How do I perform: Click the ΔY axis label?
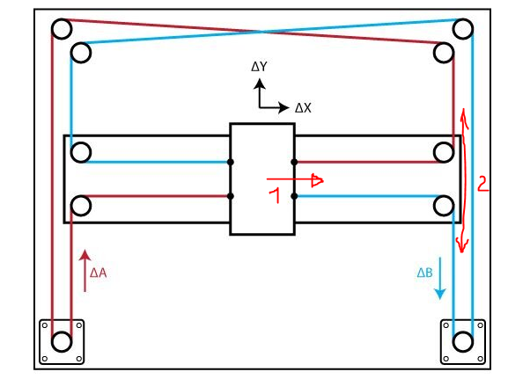tap(259, 67)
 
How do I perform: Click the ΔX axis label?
tap(303, 108)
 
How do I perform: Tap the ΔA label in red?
tap(98, 273)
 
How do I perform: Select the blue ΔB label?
tap(424, 273)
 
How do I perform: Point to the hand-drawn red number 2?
tap(482, 184)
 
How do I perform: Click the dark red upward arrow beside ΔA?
tap(85, 271)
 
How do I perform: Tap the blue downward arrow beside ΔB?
tap(440, 278)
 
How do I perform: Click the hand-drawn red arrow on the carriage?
tap(295, 180)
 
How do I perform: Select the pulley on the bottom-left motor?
tap(62, 341)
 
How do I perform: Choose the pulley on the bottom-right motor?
tap(462, 341)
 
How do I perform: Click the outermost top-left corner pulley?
tap(62, 29)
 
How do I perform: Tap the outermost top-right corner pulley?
tap(463, 29)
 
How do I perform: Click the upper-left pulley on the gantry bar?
tap(81, 152)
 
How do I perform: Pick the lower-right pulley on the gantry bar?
tap(444, 206)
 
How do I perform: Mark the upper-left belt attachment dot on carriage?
tap(231, 162)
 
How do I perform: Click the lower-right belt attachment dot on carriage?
tap(294, 196)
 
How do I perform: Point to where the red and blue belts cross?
tap(261, 32)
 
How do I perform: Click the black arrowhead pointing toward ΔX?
tap(283, 107)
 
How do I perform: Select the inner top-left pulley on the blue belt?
tap(81, 53)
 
